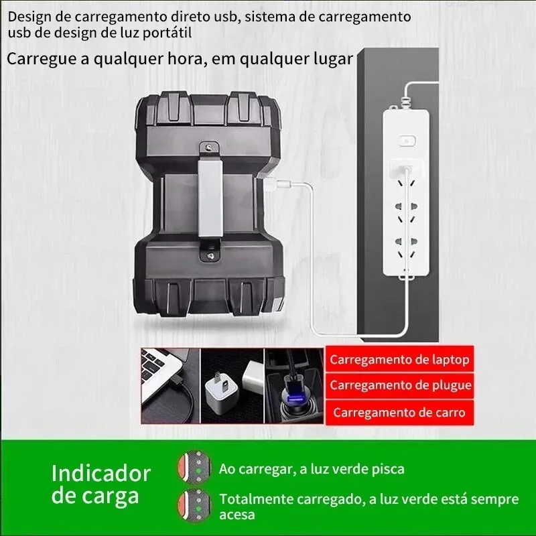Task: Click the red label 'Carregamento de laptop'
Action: (399, 359)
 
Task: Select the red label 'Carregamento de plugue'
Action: (399, 386)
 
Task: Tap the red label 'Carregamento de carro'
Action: (399, 413)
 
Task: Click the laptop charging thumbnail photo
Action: (170, 386)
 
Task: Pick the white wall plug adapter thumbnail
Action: (232, 386)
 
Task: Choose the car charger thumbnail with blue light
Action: (294, 386)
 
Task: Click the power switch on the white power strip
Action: (407, 141)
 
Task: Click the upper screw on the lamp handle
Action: (210, 147)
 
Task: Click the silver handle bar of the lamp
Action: (210, 198)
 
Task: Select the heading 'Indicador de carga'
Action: (101, 484)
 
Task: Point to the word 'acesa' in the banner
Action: (237, 515)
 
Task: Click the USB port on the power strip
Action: (406, 168)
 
